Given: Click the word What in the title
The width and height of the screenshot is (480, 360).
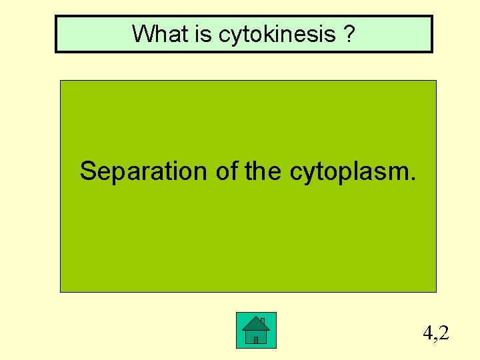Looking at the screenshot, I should [x=160, y=33].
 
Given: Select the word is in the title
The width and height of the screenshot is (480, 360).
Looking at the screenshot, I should [x=203, y=33].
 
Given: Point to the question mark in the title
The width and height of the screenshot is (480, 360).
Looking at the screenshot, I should [x=350, y=33].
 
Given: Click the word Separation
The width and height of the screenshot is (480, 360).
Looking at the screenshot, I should [x=144, y=172].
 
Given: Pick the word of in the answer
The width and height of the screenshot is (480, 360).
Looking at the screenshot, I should [x=227, y=171].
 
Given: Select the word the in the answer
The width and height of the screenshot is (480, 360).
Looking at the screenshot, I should [x=263, y=171].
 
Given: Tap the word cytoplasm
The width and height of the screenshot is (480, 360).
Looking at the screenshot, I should [x=349, y=173].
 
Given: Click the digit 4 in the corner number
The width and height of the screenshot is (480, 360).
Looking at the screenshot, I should [x=427, y=331].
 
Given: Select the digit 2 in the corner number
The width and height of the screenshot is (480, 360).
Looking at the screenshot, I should [x=443, y=331].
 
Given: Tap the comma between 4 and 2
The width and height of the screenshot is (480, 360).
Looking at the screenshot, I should [x=435, y=337].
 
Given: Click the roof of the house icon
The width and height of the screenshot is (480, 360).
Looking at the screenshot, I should [x=255, y=324].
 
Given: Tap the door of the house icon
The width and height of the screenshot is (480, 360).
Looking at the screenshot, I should [x=255, y=339].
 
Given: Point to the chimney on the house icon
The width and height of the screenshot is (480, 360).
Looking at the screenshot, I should [x=263, y=321].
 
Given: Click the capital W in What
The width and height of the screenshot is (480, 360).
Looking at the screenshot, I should [x=142, y=33].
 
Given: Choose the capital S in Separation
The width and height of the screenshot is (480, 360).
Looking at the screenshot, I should [x=88, y=171].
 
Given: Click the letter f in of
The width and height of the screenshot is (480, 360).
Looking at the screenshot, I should [x=233, y=171].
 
